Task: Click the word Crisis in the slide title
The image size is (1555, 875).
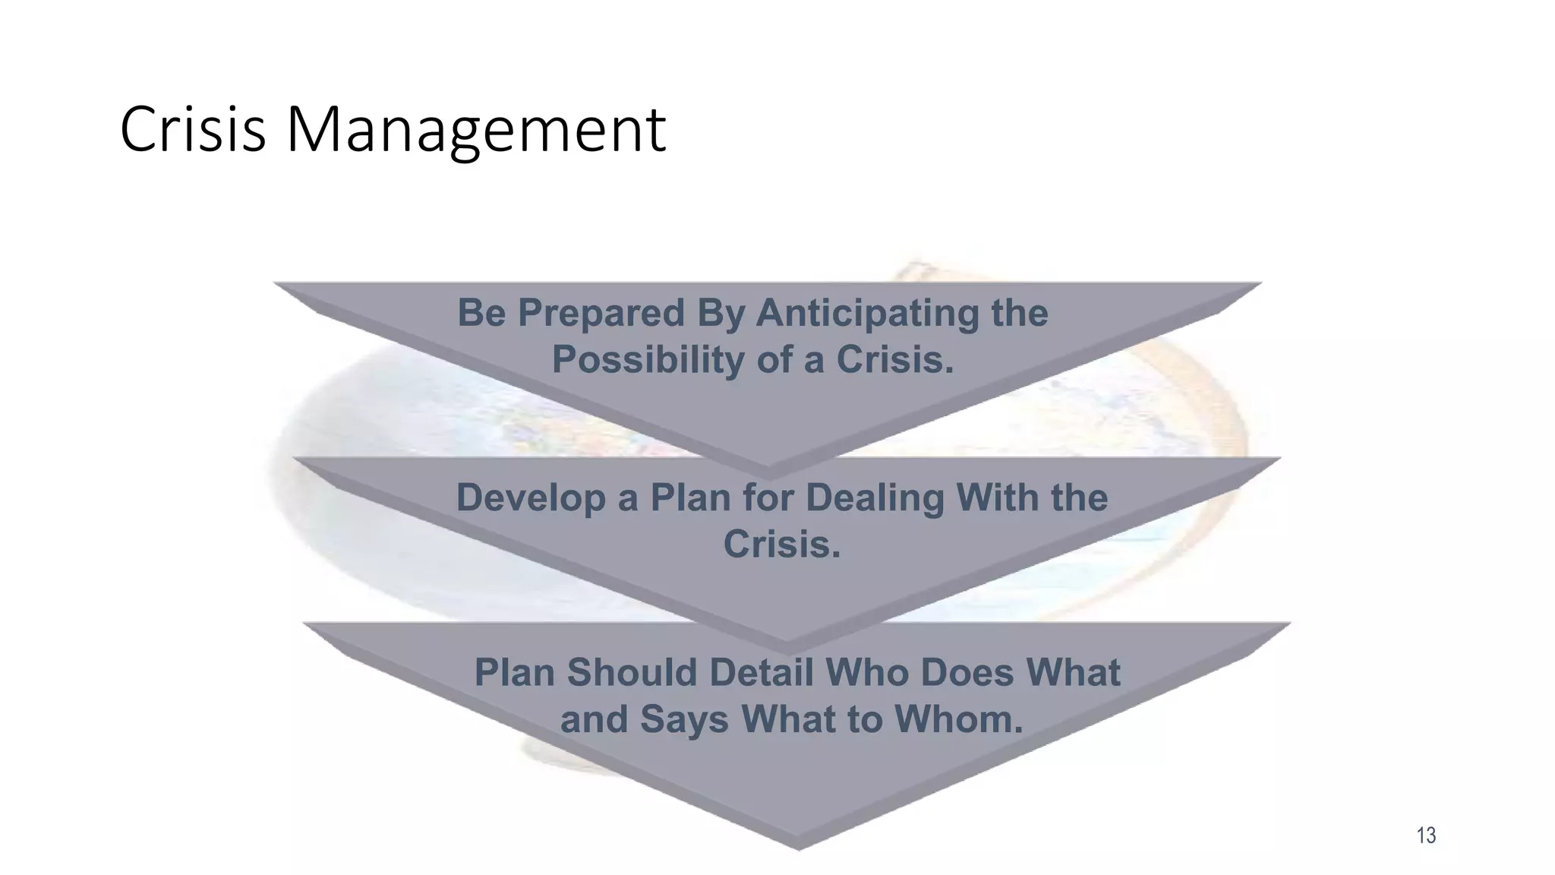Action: (193, 129)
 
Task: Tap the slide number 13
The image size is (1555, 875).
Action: (1426, 836)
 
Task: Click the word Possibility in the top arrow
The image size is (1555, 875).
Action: (648, 359)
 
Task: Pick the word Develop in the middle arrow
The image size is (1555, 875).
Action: (530, 498)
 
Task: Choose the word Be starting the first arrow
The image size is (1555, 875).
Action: (481, 313)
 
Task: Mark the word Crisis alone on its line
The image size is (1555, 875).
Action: (782, 544)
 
